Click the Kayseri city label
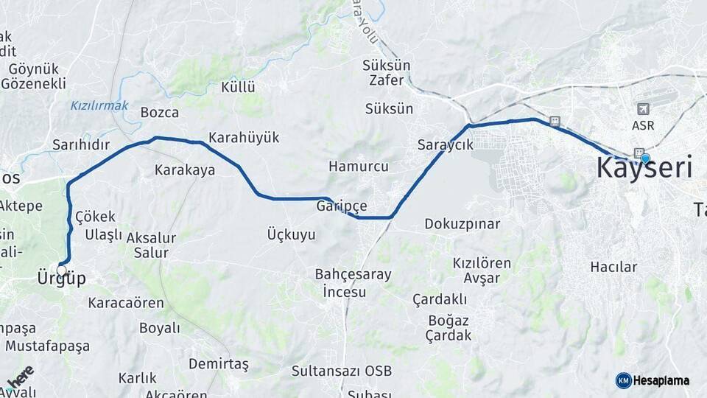[644, 168]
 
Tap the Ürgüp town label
[61, 279]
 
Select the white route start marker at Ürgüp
[61, 270]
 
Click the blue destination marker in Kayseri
[645, 158]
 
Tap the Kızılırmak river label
[99, 105]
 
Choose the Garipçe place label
[342, 206]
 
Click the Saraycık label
[445, 144]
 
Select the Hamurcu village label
[358, 167]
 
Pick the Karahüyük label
[244, 138]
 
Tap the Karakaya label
[185, 170]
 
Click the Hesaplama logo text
[660, 380]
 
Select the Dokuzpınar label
[462, 223]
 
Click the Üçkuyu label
[291, 235]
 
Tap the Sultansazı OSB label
[341, 371]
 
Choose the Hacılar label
[613, 267]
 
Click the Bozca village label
[159, 113]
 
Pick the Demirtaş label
[219, 364]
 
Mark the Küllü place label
[238, 87]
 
